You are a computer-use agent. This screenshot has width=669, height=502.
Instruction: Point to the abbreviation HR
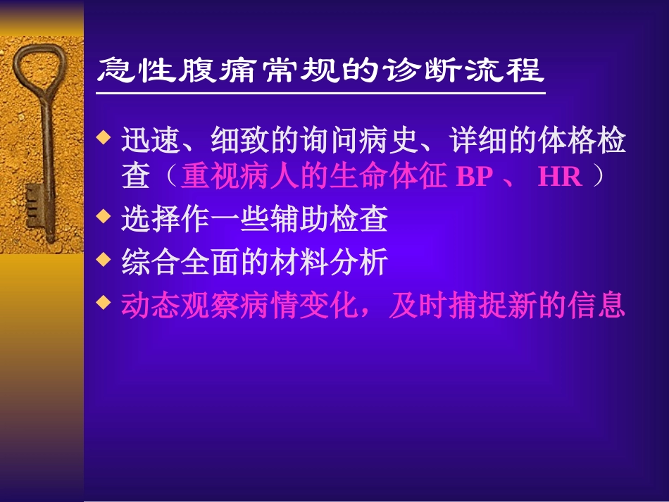560,177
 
